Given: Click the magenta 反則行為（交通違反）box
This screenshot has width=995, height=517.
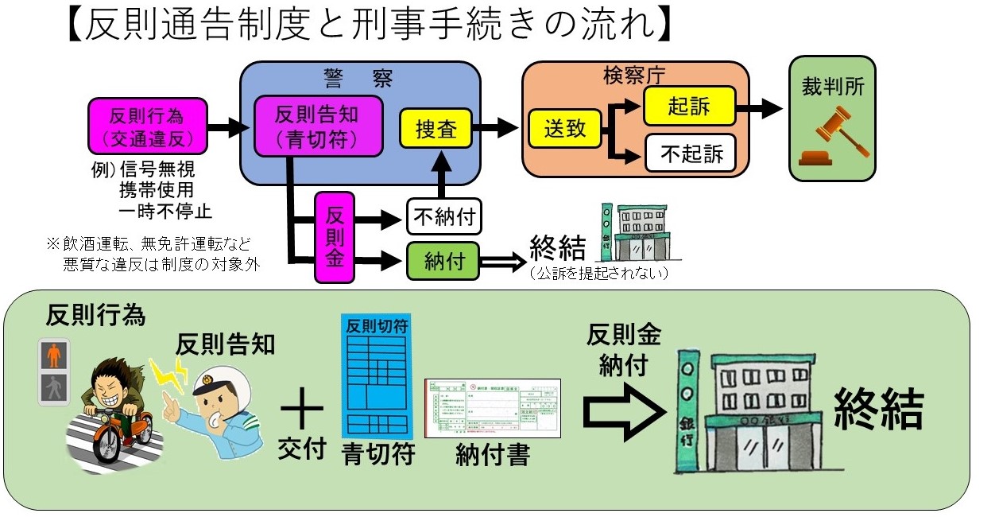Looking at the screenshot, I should (x=148, y=126).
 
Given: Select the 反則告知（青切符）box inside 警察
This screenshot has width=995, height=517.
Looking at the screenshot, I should (x=317, y=126).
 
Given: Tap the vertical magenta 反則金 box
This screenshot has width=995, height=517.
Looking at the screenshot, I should (x=335, y=237).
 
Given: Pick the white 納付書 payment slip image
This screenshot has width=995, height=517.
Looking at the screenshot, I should (x=493, y=408).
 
